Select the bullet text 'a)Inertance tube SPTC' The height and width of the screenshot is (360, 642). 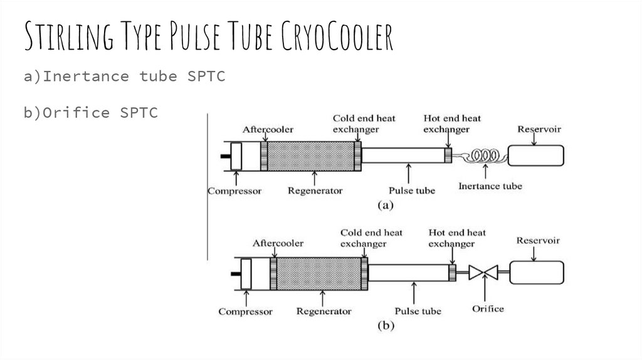coord(124,77)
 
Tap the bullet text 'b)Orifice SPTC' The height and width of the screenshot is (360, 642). coord(91,113)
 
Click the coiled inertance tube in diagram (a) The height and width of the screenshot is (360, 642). coord(486,155)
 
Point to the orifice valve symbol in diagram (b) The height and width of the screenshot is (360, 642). coord(483,272)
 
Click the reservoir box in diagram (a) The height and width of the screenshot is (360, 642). coord(535,155)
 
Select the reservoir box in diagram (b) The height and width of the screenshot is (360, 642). coord(536,272)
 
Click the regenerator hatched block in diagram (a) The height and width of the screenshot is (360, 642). coord(310,156)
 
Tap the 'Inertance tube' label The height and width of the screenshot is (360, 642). coord(490,186)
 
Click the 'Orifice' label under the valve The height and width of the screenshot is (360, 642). coord(487,309)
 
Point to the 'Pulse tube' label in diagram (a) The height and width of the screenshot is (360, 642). coord(411,190)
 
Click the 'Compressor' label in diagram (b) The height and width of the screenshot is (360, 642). coord(245,311)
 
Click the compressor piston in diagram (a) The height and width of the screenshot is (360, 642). coord(236,156)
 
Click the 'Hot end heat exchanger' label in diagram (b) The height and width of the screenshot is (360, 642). coord(456,238)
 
